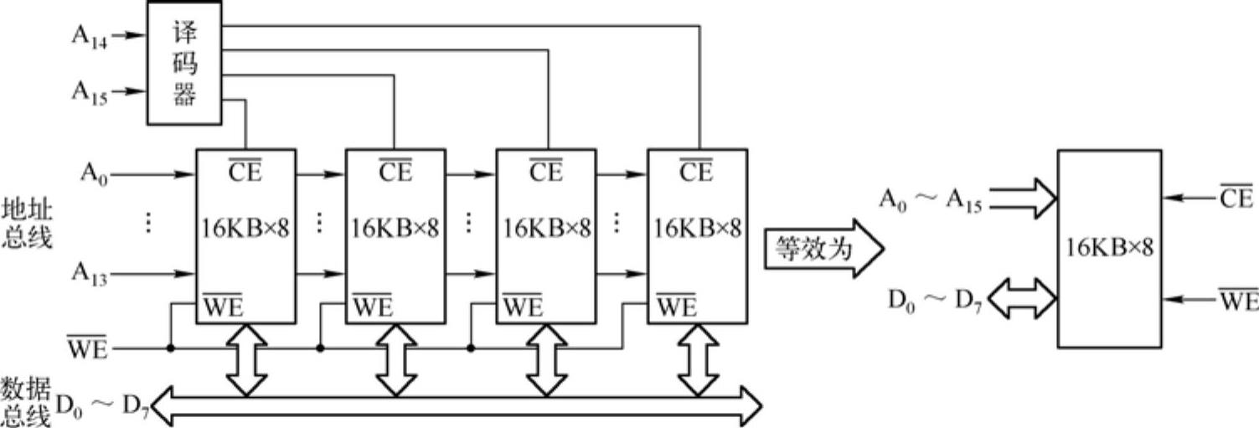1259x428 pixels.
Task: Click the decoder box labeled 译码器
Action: [x=184, y=63]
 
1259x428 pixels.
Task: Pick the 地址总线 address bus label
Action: [x=26, y=223]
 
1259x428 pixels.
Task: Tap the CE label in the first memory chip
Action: [x=245, y=173]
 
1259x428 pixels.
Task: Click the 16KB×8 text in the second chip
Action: [x=395, y=227]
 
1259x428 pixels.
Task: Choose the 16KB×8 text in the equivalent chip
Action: [x=1109, y=248]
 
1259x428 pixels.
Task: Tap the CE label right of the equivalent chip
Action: [x=1236, y=199]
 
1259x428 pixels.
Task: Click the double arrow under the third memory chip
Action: [x=546, y=359]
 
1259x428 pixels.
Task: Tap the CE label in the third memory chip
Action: [x=545, y=173]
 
